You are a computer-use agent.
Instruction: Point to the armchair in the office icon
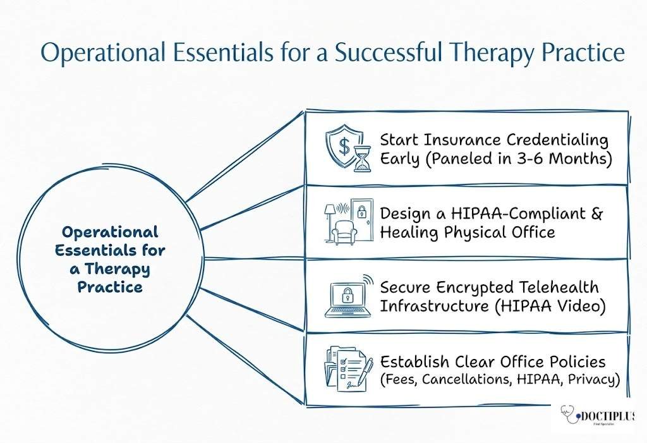[346, 232]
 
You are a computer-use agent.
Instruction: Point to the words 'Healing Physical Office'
[467, 232]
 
